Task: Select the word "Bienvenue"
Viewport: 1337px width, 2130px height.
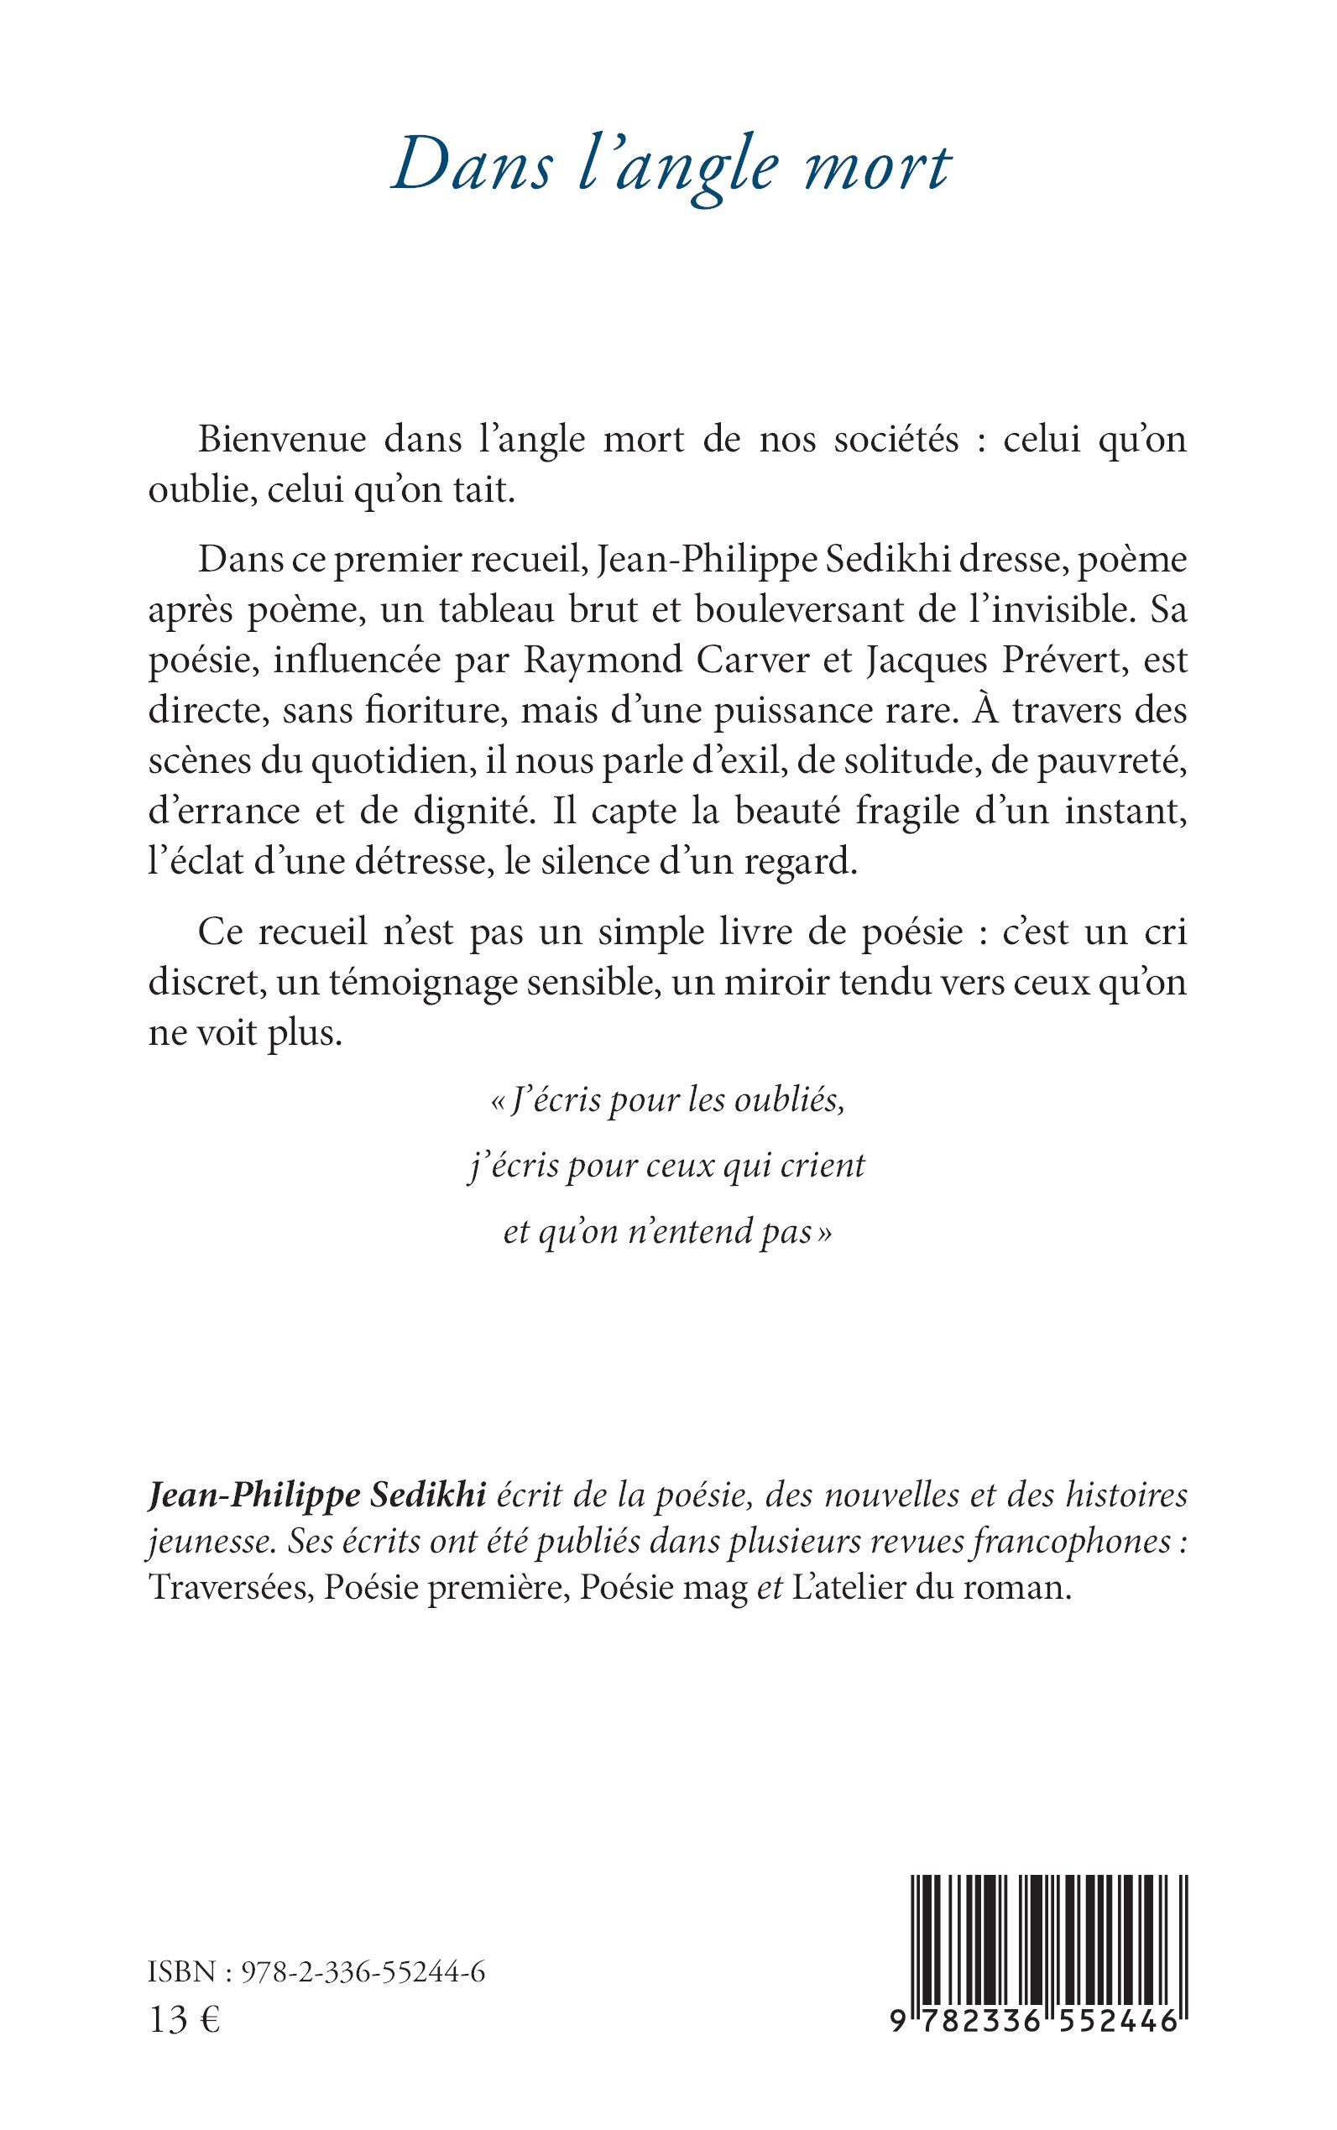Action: tap(282, 440)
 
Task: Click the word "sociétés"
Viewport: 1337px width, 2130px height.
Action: tap(896, 440)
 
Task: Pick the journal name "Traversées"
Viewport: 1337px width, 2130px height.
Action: tap(230, 1588)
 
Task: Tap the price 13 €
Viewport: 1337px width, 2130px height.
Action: tap(184, 2019)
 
